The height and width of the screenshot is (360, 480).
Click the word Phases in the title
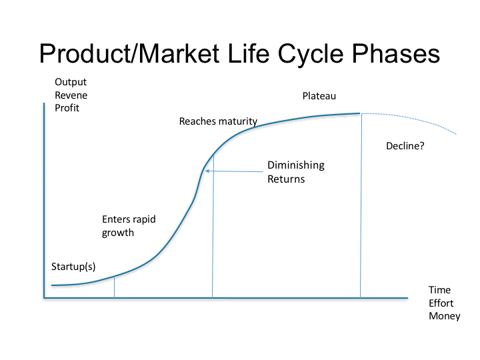(x=396, y=53)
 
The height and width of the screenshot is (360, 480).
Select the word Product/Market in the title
(x=129, y=53)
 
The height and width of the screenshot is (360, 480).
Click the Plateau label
(x=319, y=96)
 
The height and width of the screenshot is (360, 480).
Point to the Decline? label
(x=405, y=146)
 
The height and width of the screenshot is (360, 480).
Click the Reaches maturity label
(x=218, y=121)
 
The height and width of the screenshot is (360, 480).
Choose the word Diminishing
(x=296, y=165)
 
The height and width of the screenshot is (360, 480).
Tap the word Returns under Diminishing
(x=286, y=179)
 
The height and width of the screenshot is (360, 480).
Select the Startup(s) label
(x=73, y=267)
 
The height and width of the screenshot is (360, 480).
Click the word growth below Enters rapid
(x=118, y=233)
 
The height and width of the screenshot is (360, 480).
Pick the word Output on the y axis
(x=71, y=82)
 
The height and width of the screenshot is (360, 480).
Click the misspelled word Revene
(x=71, y=95)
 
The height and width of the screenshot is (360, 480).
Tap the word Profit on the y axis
(x=67, y=108)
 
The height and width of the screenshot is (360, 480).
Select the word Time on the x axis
(x=439, y=290)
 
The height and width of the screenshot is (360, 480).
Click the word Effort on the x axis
(x=441, y=303)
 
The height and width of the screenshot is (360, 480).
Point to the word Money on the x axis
(x=445, y=316)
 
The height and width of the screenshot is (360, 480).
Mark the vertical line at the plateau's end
(x=361, y=205)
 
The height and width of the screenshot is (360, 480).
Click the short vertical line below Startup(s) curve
(x=115, y=287)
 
